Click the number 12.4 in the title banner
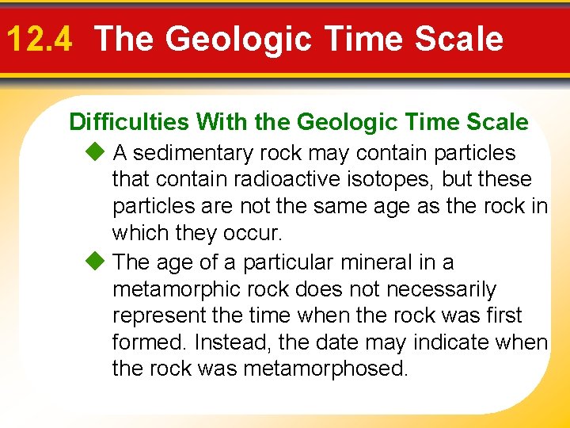[39, 39]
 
